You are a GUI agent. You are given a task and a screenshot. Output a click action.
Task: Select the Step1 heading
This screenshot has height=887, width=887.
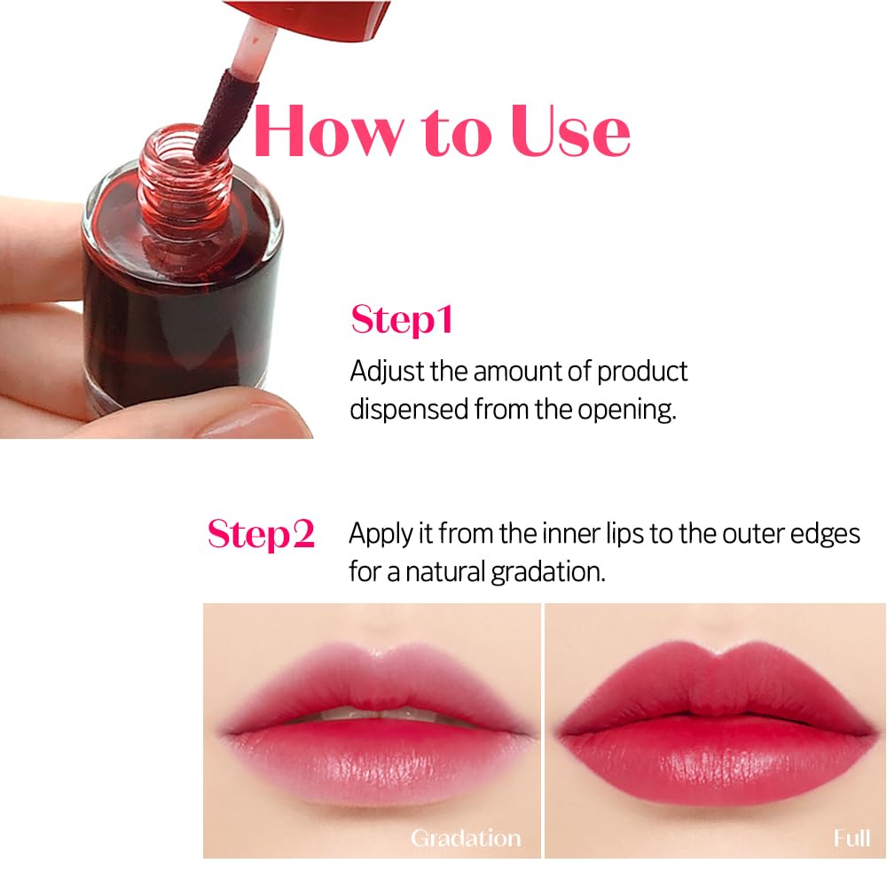click(402, 319)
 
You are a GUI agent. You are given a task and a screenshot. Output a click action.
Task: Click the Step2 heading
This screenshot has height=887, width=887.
click(261, 534)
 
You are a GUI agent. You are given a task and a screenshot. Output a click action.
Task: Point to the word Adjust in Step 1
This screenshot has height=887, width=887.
click(387, 371)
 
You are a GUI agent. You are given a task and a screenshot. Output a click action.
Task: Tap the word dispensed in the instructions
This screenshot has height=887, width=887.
click(409, 409)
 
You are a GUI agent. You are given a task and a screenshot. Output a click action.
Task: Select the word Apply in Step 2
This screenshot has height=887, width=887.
click(379, 534)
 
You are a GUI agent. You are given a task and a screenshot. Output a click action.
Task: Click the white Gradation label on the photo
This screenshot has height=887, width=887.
click(465, 837)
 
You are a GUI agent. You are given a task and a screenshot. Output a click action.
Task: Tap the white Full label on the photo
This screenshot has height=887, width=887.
click(852, 837)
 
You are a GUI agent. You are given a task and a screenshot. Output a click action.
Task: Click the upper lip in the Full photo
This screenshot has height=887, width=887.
click(710, 679)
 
